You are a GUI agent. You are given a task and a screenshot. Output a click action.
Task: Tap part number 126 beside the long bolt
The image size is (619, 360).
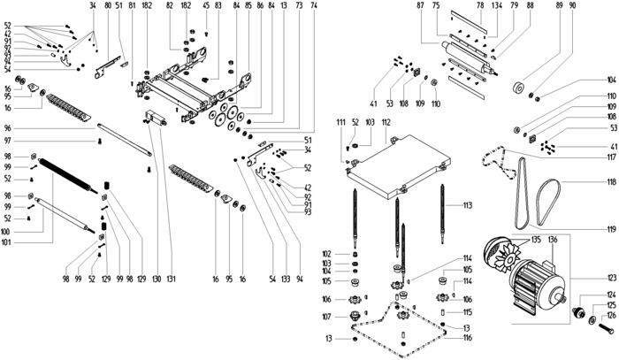click(609, 316)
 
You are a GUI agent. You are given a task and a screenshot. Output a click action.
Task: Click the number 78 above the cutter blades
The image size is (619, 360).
click(480, 6)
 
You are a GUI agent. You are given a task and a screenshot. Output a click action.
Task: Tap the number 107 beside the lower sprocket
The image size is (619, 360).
click(351, 316)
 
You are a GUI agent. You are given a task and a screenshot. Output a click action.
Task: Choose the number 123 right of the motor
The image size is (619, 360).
click(609, 277)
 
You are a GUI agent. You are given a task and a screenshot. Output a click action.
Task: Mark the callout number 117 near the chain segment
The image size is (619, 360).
click(609, 157)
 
